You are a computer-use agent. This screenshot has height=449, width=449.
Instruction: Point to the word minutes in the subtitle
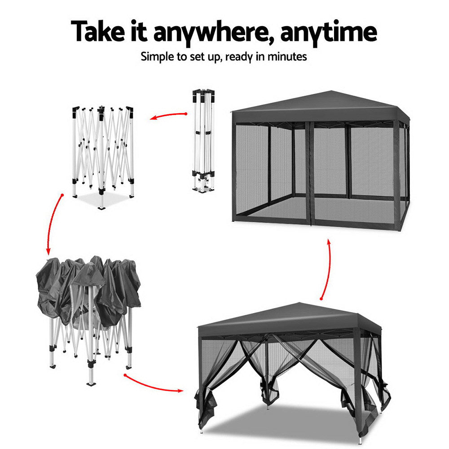pyautogui.click(x=288, y=57)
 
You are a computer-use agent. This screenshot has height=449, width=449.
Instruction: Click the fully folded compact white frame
pyautogui.click(x=203, y=139)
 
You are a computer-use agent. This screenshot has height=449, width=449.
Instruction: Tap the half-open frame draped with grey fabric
pyautogui.click(x=90, y=314)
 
